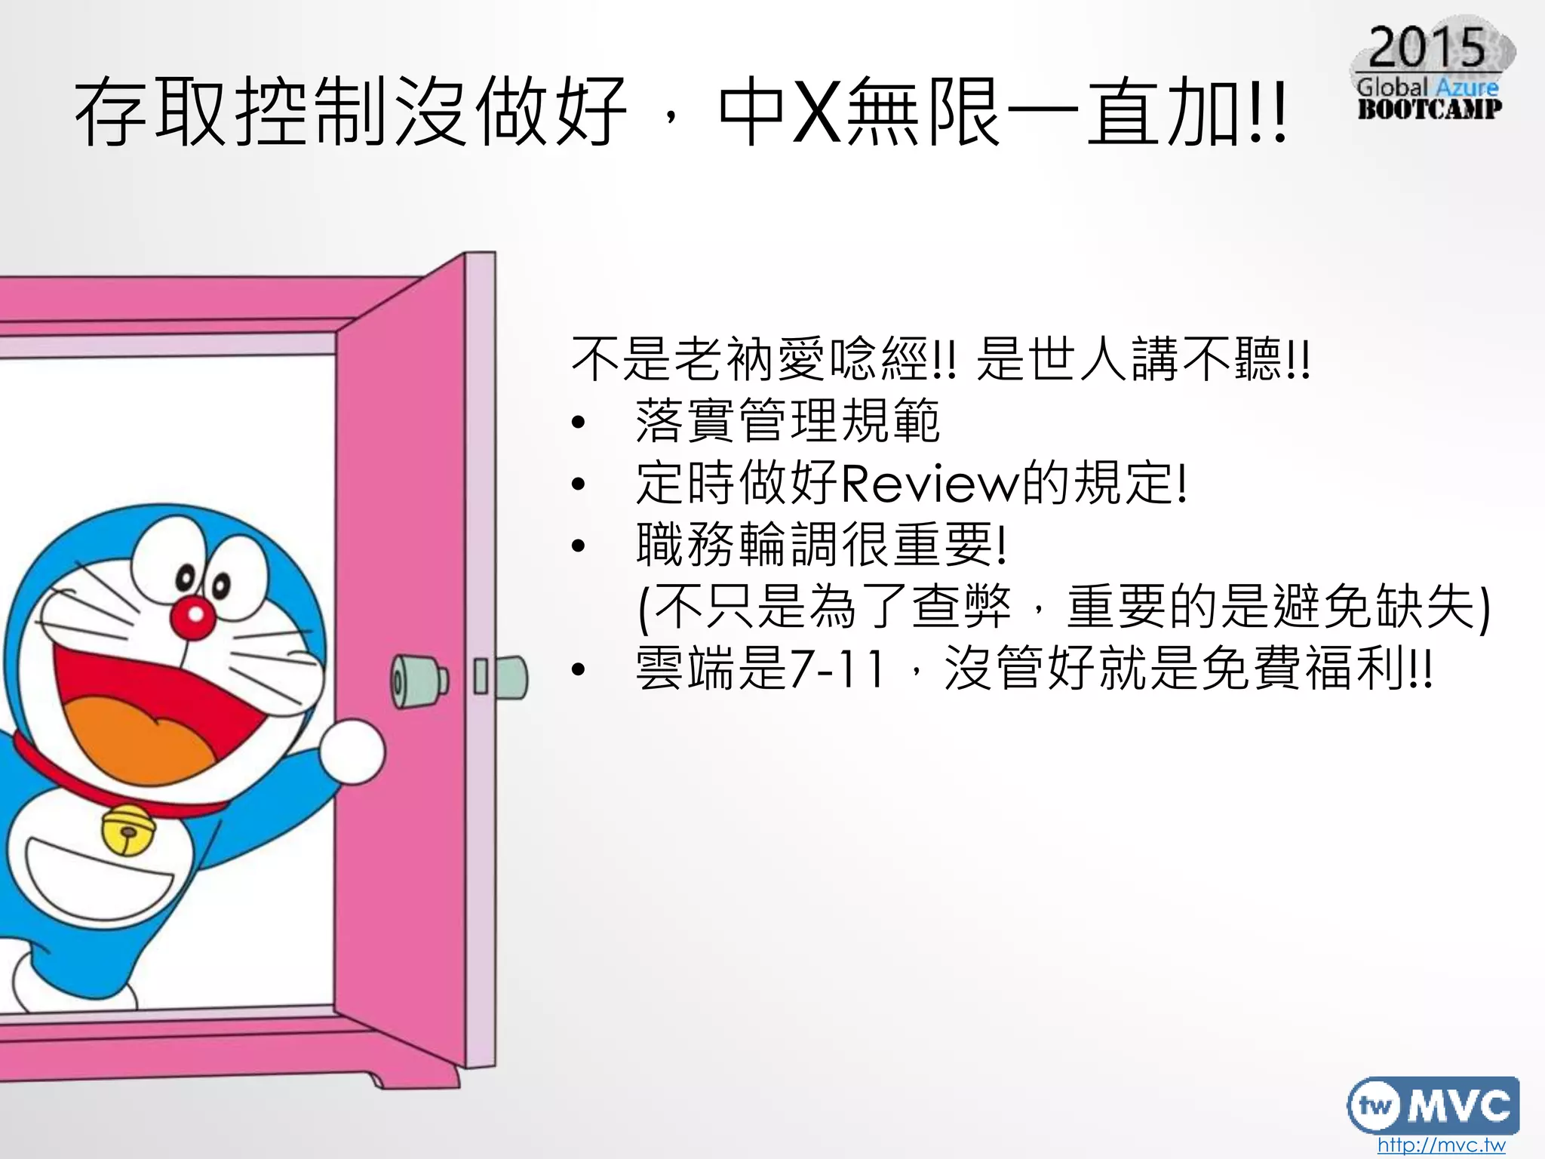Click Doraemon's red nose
click(194, 616)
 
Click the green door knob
click(417, 679)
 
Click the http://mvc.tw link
click(1440, 1145)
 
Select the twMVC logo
click(1432, 1105)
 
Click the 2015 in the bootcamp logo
click(1427, 48)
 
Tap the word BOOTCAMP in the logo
click(1430, 109)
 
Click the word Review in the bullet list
click(929, 484)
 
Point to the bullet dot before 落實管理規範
click(579, 423)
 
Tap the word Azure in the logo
click(1467, 87)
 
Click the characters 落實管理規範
click(788, 422)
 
